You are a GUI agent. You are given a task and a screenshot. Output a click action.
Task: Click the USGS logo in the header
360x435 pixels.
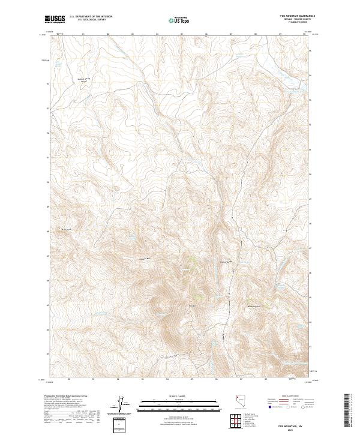(x=55, y=19)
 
